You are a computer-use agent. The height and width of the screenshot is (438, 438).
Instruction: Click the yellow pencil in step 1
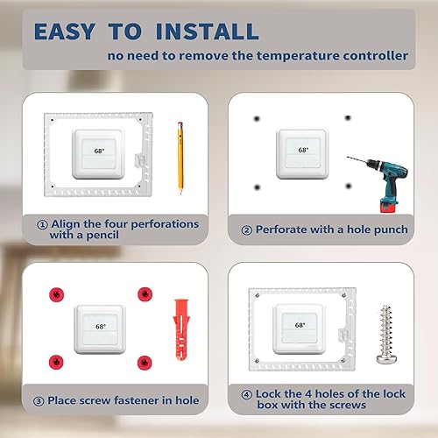coord(181,157)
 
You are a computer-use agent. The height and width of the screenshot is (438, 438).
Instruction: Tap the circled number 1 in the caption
coord(42,224)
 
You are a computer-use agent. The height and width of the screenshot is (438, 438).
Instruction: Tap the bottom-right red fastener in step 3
coord(142,360)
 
